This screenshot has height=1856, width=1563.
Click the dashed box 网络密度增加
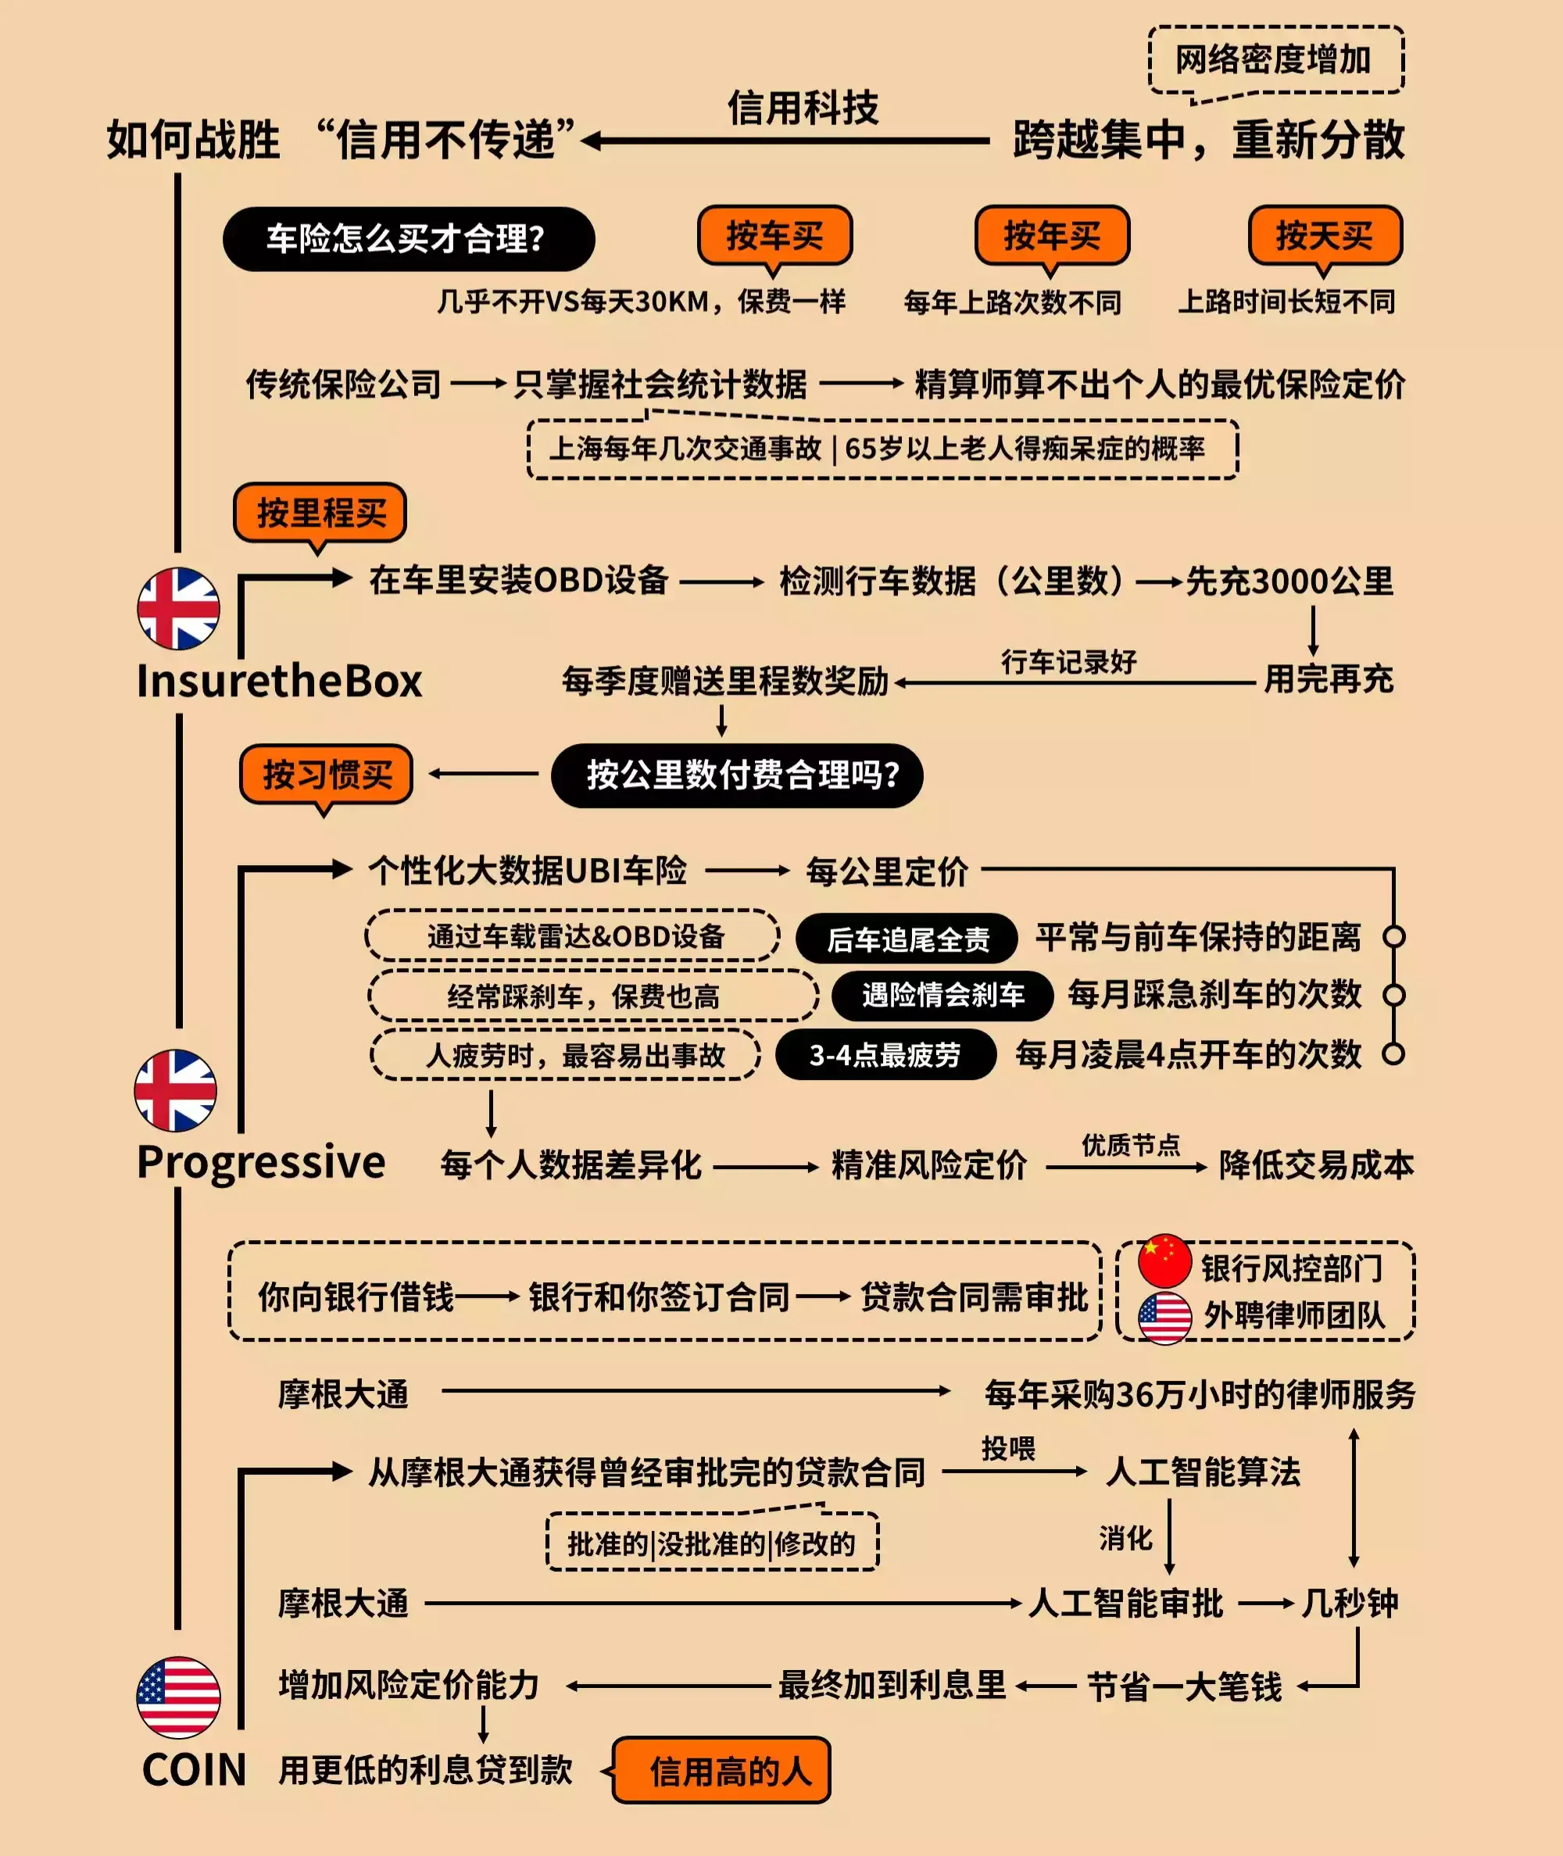point(1275,60)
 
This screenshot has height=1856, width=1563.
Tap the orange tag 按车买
point(774,236)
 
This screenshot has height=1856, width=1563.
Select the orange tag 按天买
point(1325,236)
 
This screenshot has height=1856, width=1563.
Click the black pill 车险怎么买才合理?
point(408,238)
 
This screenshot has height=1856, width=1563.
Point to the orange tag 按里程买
point(320,512)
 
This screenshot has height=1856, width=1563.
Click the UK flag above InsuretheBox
point(178,609)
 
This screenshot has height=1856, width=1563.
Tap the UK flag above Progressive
point(175,1091)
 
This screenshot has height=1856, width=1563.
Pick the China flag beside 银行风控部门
point(1164,1260)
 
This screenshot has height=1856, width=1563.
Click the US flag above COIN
point(178,1697)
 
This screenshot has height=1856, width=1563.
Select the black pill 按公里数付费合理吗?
point(736,775)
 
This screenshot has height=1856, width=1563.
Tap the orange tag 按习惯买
point(326,774)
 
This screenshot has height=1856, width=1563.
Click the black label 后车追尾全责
point(907,939)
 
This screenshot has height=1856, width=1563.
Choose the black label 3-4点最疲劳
point(885,1054)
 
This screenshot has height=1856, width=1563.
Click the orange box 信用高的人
point(722,1771)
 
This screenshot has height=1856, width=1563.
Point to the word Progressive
point(261,1161)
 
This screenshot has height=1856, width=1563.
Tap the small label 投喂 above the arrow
point(1007,1449)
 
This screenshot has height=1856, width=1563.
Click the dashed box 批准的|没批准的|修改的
point(711,1544)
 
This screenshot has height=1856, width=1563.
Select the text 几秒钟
point(1349,1603)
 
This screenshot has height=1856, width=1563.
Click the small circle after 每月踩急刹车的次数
point(1393,995)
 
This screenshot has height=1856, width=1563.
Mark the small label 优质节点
point(1131,1145)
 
